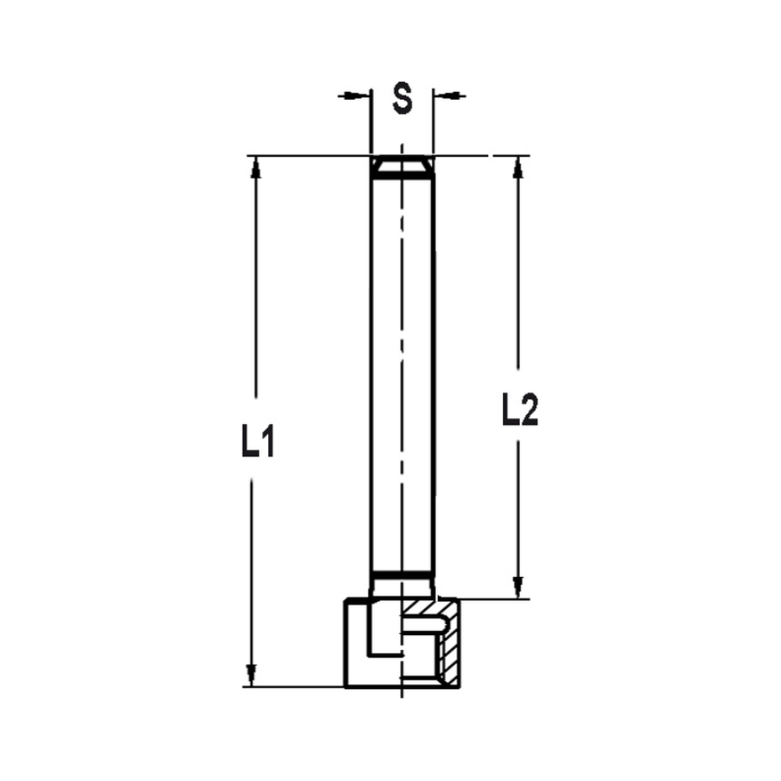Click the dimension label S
pos(401,98)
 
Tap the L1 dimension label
pos(257,443)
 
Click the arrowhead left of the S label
pos(358,95)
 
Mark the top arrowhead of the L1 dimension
pos(253,168)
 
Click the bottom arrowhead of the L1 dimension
pos(251,674)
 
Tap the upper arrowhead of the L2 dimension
pos(517,168)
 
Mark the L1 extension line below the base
pos(297,687)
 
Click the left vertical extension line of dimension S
pos(370,125)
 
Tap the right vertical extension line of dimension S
pos(433,125)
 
